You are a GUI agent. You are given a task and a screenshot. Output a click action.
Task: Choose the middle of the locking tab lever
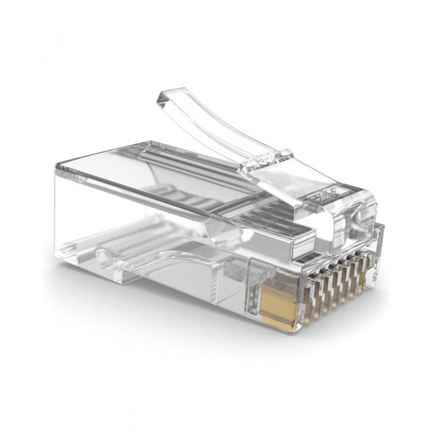click(x=211, y=127)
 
